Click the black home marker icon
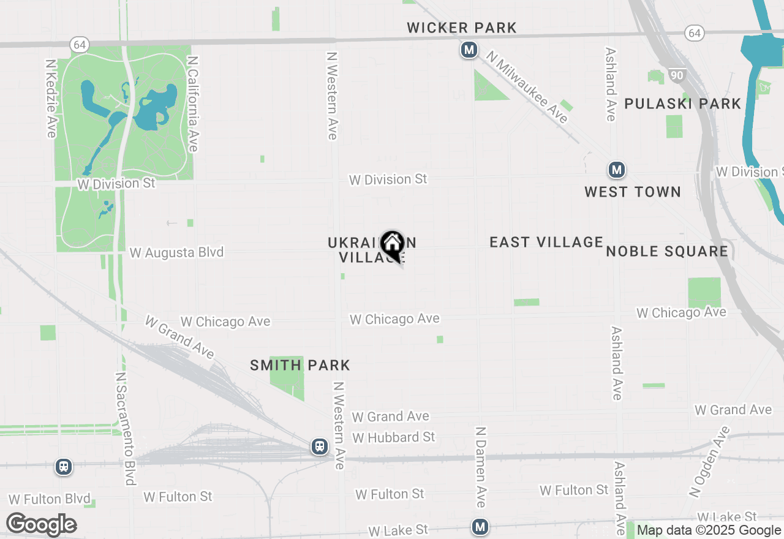point(392,245)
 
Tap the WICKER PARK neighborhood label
point(462,28)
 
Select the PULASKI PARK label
point(683,104)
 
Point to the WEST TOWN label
point(633,192)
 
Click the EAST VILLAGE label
point(546,242)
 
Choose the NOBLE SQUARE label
point(667,251)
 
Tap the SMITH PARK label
point(300,366)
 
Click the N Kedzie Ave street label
point(51,98)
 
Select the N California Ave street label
point(193,104)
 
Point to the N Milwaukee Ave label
point(527,86)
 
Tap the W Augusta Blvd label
point(176,252)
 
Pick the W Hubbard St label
point(393,437)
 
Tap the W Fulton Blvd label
point(50,499)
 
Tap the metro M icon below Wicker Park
point(469,50)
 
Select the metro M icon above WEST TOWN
point(616,170)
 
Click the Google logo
point(42,525)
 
